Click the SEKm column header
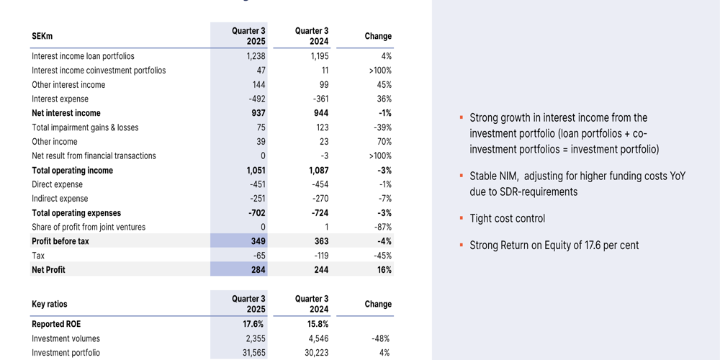coord(42,36)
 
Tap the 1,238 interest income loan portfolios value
coord(256,56)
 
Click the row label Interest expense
coord(60,99)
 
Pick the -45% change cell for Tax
coord(380,256)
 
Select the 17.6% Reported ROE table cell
coord(254,324)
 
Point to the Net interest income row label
coord(66,113)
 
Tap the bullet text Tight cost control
coord(507,218)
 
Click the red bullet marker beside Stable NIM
coord(461,176)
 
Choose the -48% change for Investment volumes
coord(380,338)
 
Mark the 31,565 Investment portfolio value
coord(252,353)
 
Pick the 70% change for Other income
coord(383,142)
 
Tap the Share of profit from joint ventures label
coord(89,227)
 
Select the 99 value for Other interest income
coord(323,85)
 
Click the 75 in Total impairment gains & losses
coord(261,127)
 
